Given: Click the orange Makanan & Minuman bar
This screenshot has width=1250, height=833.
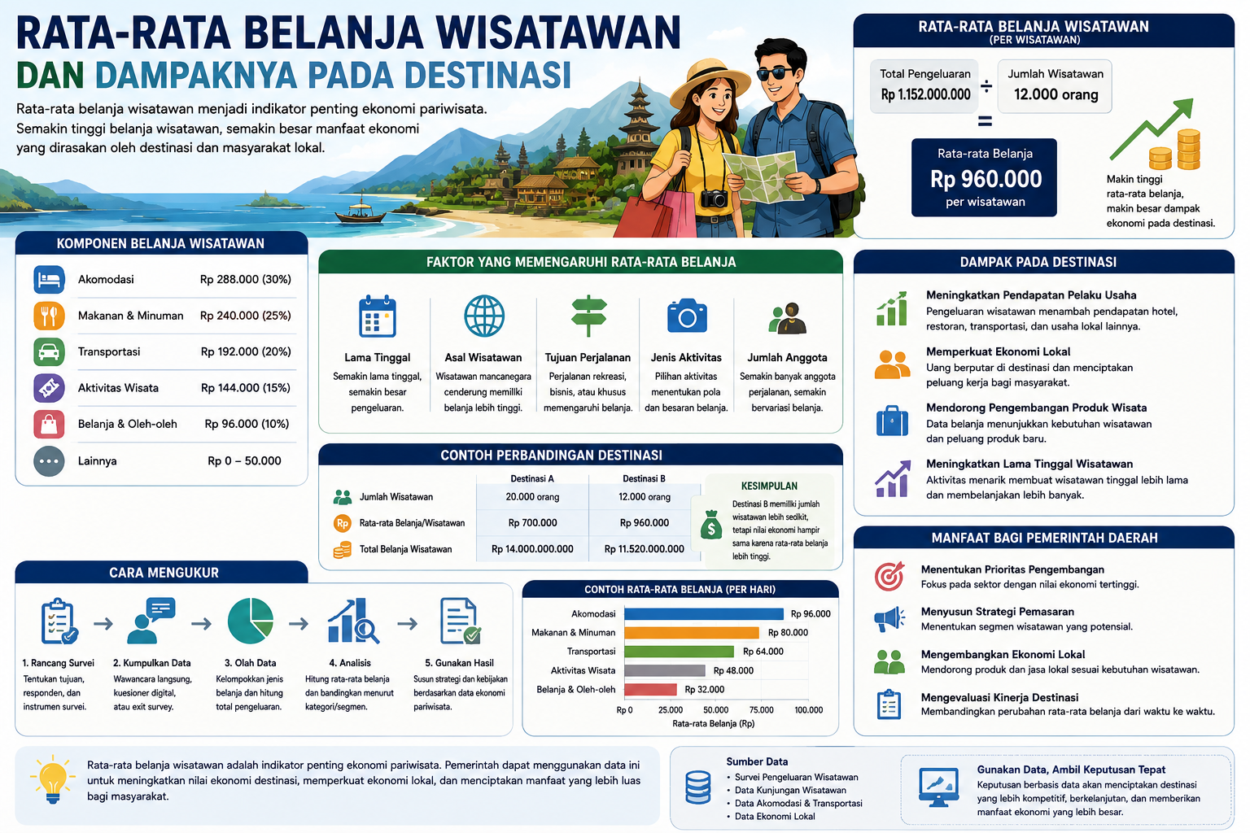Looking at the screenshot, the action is coord(692,633).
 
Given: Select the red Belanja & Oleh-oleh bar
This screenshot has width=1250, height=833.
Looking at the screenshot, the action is coord(650,690).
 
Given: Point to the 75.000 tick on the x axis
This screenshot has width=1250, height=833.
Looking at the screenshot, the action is coord(761,710).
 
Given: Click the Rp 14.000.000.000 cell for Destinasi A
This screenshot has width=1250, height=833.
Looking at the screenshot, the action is coord(531,549).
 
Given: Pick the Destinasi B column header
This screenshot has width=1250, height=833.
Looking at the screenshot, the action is coord(644,478).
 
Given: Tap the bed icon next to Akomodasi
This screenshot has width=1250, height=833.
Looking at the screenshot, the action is coord(49,280).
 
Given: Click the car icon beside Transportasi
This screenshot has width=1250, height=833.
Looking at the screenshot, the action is coord(49,352).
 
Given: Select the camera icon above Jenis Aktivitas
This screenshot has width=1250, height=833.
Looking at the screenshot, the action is coord(687,316).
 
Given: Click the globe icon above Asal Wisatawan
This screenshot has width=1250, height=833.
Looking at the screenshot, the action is coord(484,316).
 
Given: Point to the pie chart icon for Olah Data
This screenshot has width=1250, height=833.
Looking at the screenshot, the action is coord(251,621).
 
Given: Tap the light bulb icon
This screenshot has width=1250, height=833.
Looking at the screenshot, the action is coord(53,779).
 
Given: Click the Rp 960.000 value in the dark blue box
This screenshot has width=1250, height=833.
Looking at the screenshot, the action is coord(986,179).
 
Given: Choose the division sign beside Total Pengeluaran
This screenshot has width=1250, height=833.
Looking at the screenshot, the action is coord(986,86).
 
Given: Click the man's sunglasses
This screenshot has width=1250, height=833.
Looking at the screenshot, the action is coord(776,73).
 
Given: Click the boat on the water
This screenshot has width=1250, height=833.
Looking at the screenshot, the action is coord(361,212).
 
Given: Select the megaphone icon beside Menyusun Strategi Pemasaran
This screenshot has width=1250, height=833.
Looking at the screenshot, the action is coord(889,619).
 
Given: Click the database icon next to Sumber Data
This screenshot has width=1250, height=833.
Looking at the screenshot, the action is coord(697,787).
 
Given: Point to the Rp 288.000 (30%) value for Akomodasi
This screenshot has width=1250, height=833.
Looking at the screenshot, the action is coord(246,280).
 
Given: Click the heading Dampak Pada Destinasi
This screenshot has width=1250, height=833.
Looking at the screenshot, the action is coord(1038,262).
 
